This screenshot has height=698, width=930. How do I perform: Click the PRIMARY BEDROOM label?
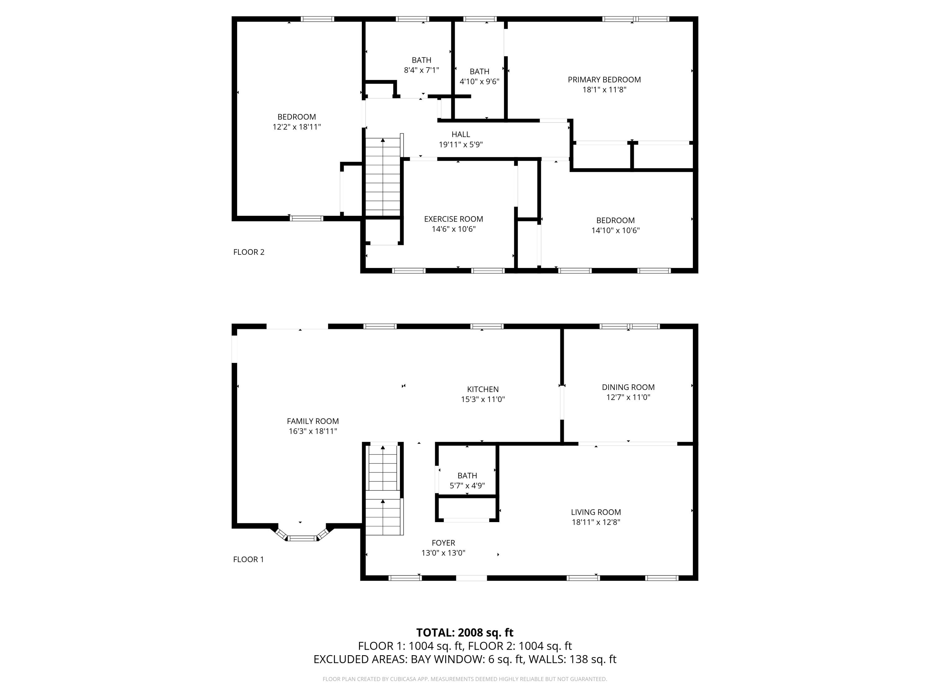coord(604,79)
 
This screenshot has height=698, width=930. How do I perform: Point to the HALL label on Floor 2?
coord(460,135)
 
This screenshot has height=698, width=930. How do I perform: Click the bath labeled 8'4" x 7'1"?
coord(421,65)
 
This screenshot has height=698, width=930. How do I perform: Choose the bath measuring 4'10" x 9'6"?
coord(479,77)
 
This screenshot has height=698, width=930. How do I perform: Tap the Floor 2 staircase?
coord(382,177)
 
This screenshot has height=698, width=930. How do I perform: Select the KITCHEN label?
coord(483,390)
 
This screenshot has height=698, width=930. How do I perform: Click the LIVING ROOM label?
coord(595,512)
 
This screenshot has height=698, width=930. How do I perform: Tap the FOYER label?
coord(443,543)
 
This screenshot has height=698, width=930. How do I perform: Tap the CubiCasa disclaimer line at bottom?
coord(465,679)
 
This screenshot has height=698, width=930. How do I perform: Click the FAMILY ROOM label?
coord(312,421)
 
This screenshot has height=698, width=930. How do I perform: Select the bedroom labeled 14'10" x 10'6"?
coord(615,226)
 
